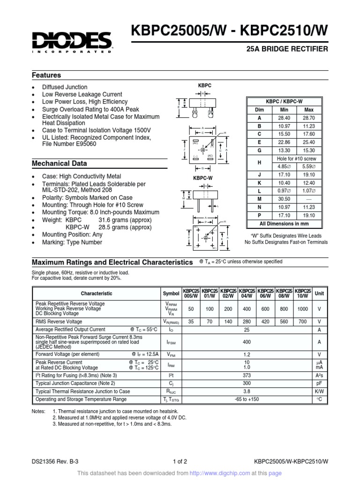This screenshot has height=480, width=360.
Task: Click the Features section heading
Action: coord(46,75)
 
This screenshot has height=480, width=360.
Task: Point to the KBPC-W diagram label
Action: coord(203,178)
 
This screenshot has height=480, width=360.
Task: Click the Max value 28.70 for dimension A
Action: coord(309,118)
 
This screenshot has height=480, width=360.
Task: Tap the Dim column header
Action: coord(259,110)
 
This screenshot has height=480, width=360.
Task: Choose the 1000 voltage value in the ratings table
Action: coord(302,309)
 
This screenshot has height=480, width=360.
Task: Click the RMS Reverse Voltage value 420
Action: coord(265,322)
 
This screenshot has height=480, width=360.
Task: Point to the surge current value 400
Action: coord(247,342)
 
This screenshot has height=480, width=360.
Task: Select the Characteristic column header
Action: coord(97,293)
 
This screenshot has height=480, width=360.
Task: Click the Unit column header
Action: coord(319,293)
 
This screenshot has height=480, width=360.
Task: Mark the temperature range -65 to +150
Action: coord(247,399)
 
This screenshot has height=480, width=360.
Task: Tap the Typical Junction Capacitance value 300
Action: coord(247,383)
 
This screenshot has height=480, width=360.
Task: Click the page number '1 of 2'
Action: coord(180,461)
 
